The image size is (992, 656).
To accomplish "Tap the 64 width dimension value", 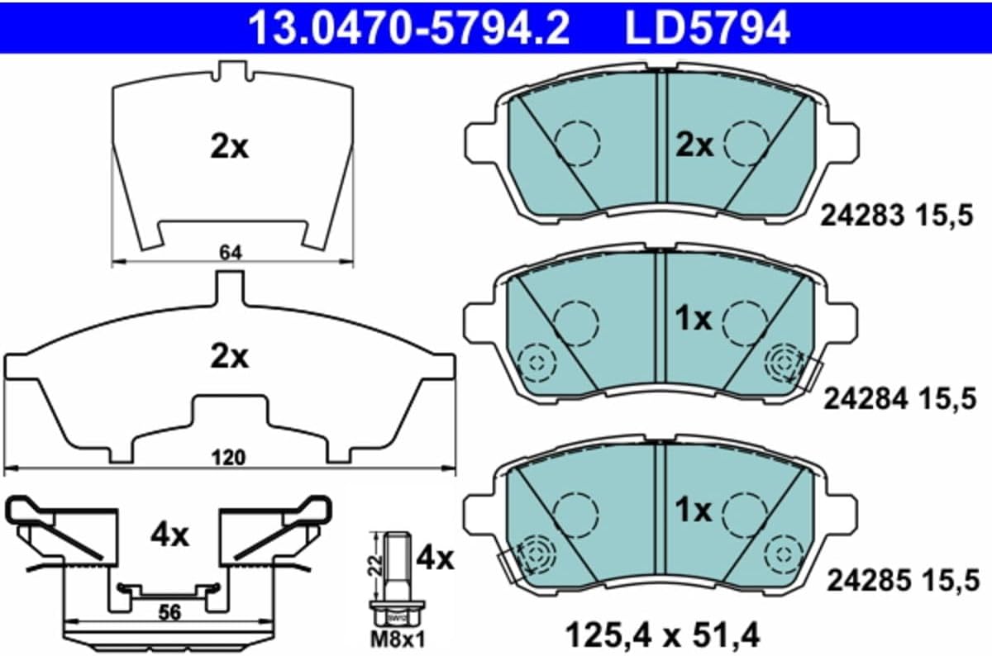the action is coord(231,253).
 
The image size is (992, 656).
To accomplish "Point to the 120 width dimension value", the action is coord(228,458).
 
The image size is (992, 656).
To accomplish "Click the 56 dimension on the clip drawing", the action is coord(170,612).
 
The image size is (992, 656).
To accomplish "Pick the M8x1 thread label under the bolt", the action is coord(398,639).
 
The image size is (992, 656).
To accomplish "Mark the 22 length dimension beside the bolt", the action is coord(376,564).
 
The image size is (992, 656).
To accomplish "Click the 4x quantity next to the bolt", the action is coord(436,559).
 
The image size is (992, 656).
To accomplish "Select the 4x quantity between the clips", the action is coord(169,536).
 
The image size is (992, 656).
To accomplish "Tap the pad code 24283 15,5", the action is coord(896,216).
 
